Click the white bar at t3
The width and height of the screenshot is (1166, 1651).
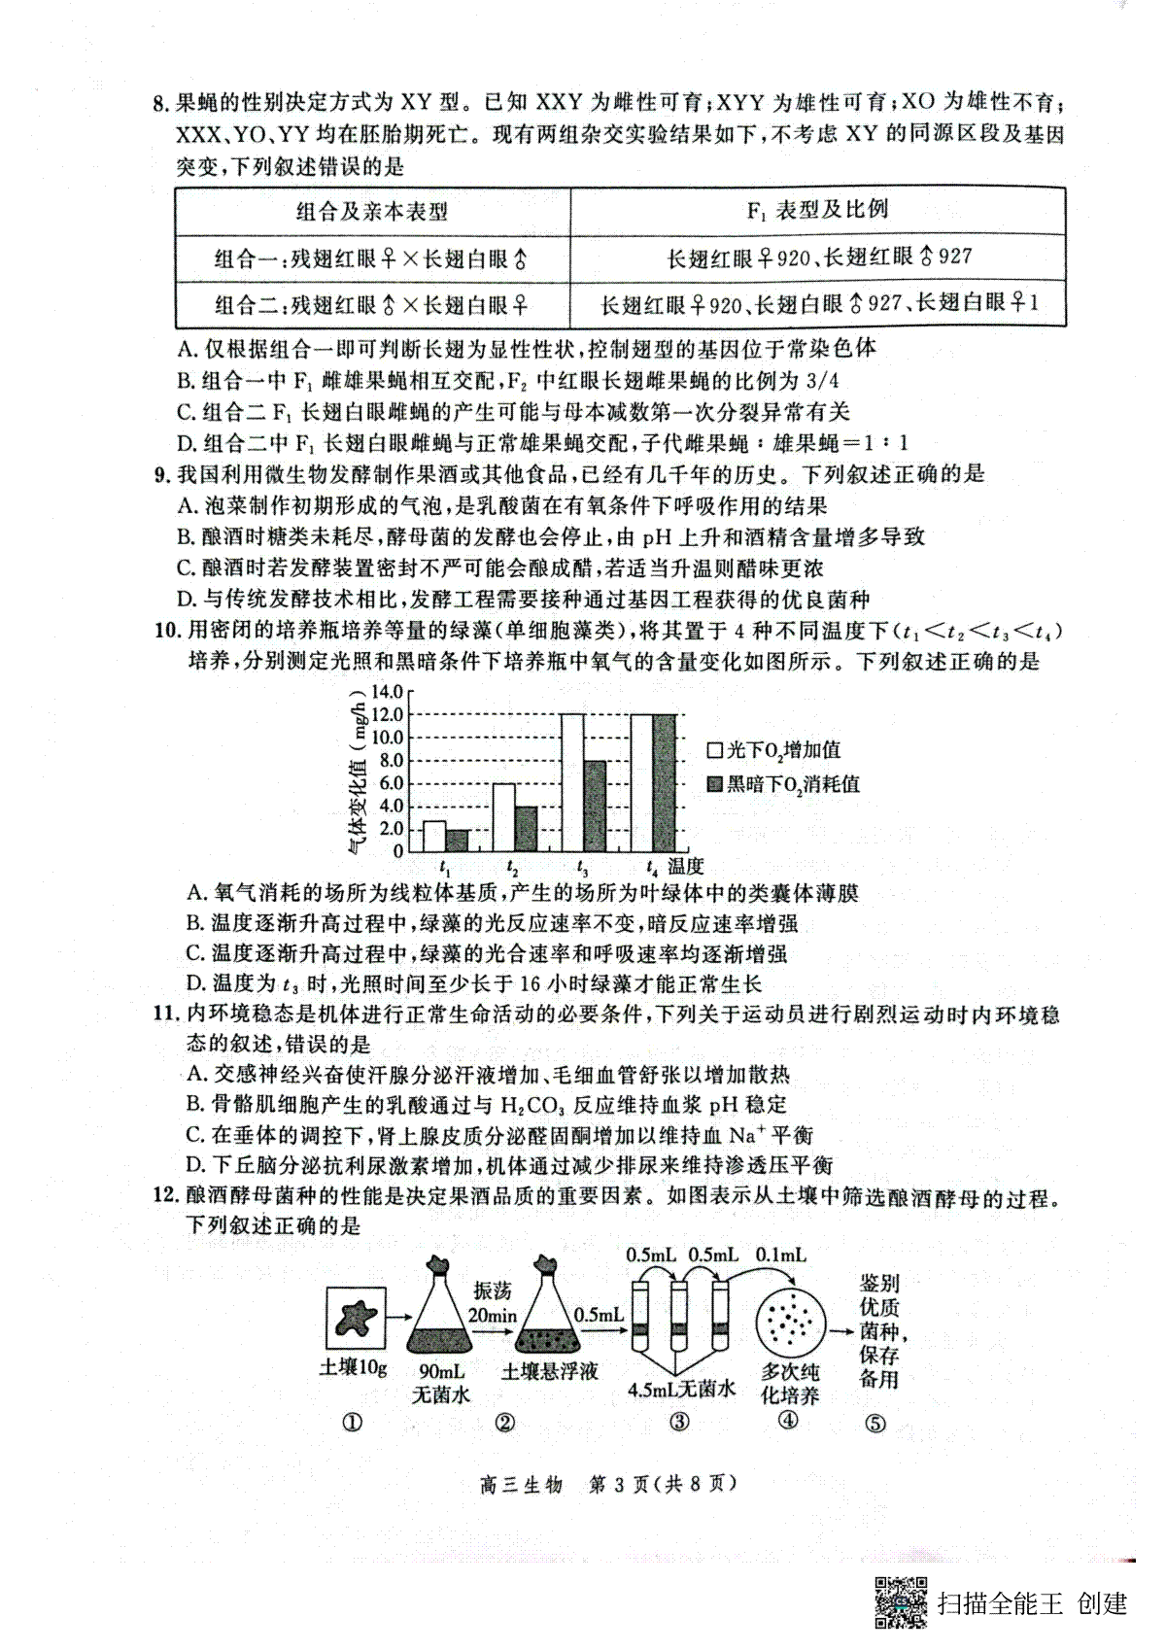572,782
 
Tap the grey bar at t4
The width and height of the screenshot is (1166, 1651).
664,782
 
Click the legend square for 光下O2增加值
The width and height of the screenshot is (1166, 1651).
714,750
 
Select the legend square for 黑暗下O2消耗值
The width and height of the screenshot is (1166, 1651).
714,784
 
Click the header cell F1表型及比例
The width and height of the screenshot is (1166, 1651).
817,209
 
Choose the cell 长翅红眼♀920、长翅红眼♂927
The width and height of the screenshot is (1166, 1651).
819,258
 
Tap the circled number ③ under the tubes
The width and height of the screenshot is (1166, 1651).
679,1423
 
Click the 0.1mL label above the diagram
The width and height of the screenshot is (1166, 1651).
780,1255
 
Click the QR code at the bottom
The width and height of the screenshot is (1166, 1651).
902,1601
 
